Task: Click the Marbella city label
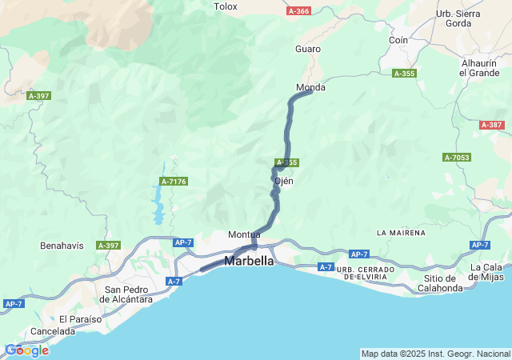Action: point(249,262)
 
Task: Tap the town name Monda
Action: point(310,87)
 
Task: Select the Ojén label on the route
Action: point(284,181)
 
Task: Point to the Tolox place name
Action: point(226,6)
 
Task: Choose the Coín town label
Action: point(398,40)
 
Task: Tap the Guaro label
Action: point(308,49)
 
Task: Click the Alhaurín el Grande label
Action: point(479,68)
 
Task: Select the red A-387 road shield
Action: point(492,125)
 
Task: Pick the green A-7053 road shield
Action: point(456,158)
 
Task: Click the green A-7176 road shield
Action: point(174,182)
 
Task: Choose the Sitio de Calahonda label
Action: point(440,282)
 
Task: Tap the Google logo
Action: point(26,350)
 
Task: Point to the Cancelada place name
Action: point(52,331)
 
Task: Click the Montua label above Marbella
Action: point(244,234)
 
